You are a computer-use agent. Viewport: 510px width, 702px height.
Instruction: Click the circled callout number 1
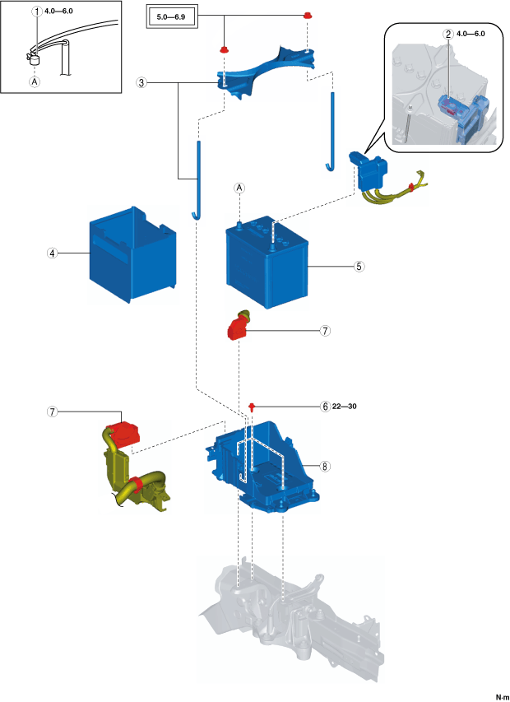click(35, 12)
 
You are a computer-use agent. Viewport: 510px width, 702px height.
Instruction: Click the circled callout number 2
click(447, 35)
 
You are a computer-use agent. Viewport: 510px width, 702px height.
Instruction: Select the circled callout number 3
click(142, 83)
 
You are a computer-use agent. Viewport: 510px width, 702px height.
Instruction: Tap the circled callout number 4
click(52, 253)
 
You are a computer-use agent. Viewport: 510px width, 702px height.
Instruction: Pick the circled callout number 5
click(359, 267)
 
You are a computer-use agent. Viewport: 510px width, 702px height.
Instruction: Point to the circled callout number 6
click(326, 407)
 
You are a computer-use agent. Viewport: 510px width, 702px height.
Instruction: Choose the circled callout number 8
click(326, 466)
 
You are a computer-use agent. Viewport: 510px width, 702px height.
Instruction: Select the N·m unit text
click(501, 695)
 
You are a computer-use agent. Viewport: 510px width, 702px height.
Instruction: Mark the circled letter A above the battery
click(240, 188)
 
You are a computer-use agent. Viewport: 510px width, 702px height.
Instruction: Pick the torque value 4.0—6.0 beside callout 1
click(58, 12)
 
